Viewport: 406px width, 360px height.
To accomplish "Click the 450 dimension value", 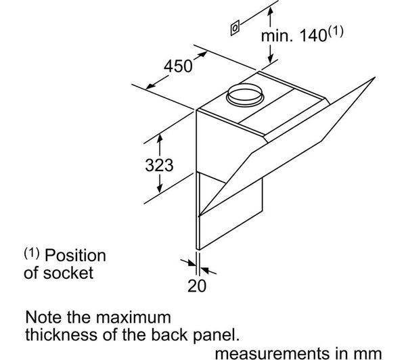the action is (178, 66).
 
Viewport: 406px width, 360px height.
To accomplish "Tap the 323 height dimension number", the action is (159, 165).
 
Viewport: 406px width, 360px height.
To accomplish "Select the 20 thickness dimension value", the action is (197, 286).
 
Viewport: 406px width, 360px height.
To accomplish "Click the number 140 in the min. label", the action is (313, 35).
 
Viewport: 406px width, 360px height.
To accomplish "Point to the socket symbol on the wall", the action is (235, 28).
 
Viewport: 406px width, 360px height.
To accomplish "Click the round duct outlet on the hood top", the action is (245, 95).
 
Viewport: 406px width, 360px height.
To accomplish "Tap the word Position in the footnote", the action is (75, 256).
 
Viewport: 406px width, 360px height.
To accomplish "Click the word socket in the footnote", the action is (68, 273).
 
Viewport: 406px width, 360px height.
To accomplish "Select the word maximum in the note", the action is (133, 317).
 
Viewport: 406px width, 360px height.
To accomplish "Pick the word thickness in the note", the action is (62, 334).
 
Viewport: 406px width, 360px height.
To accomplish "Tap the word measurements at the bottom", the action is (271, 353).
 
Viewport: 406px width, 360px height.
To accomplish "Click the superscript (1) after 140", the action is (336, 31).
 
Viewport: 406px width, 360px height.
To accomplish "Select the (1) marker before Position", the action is (32, 253).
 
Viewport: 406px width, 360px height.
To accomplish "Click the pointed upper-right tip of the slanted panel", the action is (375, 77).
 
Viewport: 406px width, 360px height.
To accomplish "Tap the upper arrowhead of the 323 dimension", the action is (160, 137).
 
